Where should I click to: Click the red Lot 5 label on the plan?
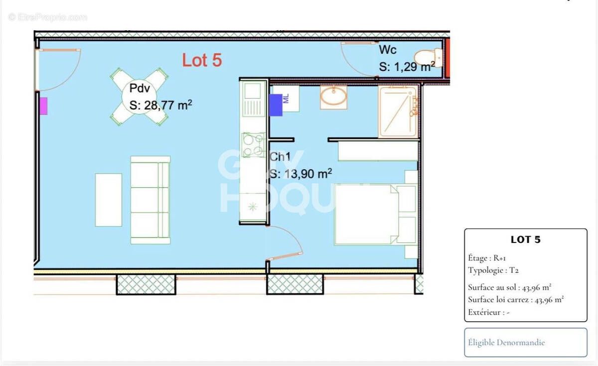[202, 60]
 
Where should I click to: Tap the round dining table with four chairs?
[139, 97]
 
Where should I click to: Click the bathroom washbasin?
[333, 96]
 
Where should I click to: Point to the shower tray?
[398, 111]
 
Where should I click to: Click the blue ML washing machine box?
[276, 105]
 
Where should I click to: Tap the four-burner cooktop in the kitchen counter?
[253, 145]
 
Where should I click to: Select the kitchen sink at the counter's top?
[253, 91]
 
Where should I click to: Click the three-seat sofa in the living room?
[150, 200]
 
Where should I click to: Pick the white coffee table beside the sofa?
[109, 200]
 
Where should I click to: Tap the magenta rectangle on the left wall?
[43, 106]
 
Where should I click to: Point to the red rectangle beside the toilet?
[448, 59]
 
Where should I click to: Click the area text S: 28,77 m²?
[161, 105]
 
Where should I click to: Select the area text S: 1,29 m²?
[407, 67]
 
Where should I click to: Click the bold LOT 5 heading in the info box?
[525, 240]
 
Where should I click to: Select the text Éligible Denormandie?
[506, 343]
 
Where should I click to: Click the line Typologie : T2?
[493, 270]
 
